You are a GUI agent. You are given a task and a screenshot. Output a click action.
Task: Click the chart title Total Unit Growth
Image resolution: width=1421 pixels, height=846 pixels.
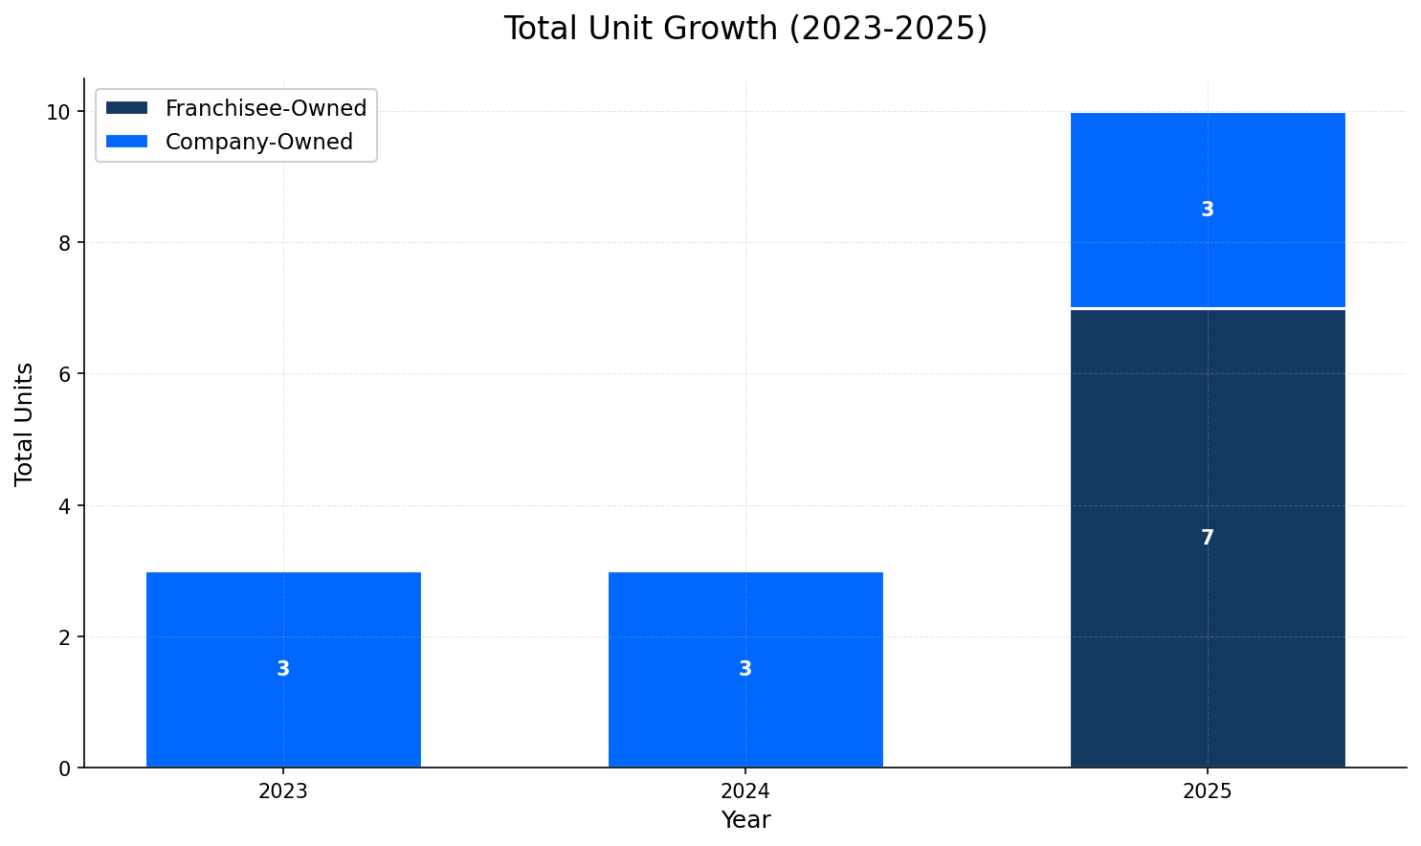[x=745, y=29]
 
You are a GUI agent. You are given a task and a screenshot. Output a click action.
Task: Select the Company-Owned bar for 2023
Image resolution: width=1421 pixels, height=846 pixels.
[x=283, y=622]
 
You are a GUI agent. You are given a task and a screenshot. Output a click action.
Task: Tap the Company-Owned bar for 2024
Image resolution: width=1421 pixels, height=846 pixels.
[x=745, y=622]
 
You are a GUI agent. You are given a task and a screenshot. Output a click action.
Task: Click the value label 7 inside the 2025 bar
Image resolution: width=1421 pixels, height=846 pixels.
[x=1208, y=538]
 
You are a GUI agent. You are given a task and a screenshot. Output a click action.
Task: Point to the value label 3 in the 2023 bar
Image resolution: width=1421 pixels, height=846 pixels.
[x=283, y=669]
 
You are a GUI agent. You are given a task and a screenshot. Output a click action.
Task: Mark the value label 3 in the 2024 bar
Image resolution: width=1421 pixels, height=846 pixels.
[x=745, y=669]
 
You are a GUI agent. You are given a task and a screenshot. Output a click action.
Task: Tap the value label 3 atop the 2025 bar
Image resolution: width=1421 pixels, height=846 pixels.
[x=1208, y=210]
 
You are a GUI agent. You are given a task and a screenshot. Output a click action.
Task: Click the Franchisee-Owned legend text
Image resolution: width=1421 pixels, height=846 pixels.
[x=266, y=109]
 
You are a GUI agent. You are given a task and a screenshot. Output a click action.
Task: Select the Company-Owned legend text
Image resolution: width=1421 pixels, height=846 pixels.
[x=259, y=142]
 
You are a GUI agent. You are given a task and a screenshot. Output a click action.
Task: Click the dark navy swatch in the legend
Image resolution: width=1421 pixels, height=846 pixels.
[x=127, y=108]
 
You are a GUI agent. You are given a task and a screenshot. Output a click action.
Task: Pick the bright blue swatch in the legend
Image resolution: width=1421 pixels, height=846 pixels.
[x=127, y=142]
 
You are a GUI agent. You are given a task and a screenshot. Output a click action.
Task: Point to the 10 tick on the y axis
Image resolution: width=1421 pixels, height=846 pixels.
[x=60, y=112]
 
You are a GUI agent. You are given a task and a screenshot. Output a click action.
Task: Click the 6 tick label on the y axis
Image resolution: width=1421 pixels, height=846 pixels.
[x=65, y=374]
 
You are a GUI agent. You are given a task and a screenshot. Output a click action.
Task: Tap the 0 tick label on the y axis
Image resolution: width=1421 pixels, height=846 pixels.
[x=65, y=768]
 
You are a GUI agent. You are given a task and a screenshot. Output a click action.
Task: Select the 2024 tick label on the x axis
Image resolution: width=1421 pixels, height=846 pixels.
[x=745, y=791]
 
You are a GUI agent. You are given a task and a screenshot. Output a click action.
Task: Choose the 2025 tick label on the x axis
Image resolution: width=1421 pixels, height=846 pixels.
[x=1208, y=791]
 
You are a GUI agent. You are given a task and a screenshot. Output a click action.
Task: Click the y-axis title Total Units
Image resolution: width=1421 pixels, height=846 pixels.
[x=25, y=423]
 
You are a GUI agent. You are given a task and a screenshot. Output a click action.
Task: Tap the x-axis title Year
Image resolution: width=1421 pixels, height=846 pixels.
[x=745, y=820]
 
